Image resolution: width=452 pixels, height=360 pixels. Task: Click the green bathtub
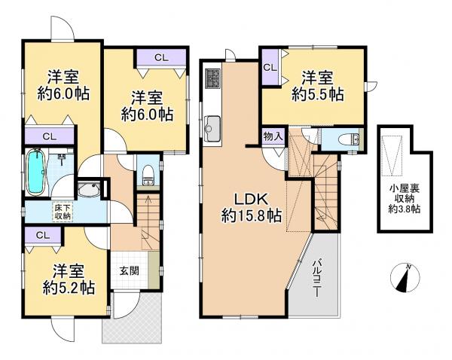[35, 169]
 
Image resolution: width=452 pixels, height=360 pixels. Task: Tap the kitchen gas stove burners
[212, 78]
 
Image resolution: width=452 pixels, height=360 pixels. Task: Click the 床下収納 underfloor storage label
[62, 211]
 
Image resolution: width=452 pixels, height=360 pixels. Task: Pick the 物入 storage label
[273, 137]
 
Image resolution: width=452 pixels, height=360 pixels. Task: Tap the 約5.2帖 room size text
[68, 287]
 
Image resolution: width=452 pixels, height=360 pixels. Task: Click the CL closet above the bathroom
[49, 136]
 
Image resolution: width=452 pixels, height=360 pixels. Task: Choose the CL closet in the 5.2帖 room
[43, 235]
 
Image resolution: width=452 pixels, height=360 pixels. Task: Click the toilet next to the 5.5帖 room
[349, 139]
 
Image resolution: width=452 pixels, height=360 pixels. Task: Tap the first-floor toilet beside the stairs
[148, 174]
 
